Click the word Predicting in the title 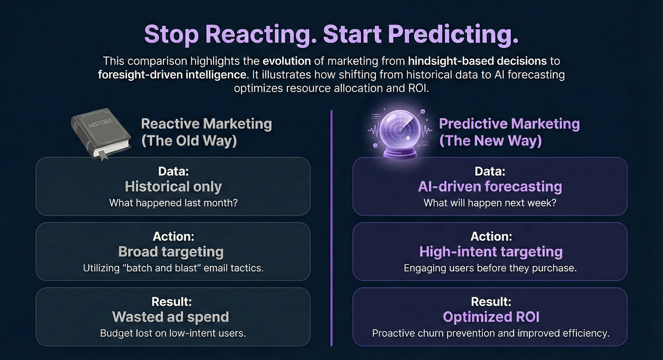click(453, 34)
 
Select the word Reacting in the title click(261, 34)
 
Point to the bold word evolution click(287, 61)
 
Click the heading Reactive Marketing click(206, 124)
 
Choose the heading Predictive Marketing click(509, 124)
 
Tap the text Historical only click(173, 186)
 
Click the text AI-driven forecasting click(490, 186)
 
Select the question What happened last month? click(173, 203)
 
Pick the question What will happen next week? click(490, 203)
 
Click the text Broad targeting click(171, 252)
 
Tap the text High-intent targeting click(491, 252)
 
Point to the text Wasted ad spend click(171, 317)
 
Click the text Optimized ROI click(491, 317)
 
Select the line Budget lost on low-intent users click(173, 333)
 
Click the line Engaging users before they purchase click(490, 268)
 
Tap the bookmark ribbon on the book click(103, 155)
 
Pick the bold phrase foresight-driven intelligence click(172, 75)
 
